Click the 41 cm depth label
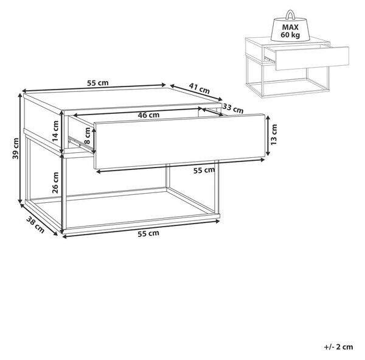tap(200, 88)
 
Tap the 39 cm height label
tap(16, 148)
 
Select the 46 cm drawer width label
tap(148, 115)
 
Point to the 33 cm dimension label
tap(233, 108)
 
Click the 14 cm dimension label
tap(55, 131)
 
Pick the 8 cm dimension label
tap(87, 135)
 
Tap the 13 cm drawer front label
tap(274, 135)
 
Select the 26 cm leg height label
tap(55, 183)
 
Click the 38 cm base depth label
tap(35, 225)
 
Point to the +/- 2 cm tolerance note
tap(338, 347)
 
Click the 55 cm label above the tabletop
tap(98, 83)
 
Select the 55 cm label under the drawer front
tap(204, 171)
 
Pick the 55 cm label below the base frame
tap(148, 233)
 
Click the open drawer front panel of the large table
tap(179, 141)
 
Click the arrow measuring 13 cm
tap(268, 135)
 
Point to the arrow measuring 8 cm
tap(94, 141)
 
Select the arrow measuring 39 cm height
tap(21, 150)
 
